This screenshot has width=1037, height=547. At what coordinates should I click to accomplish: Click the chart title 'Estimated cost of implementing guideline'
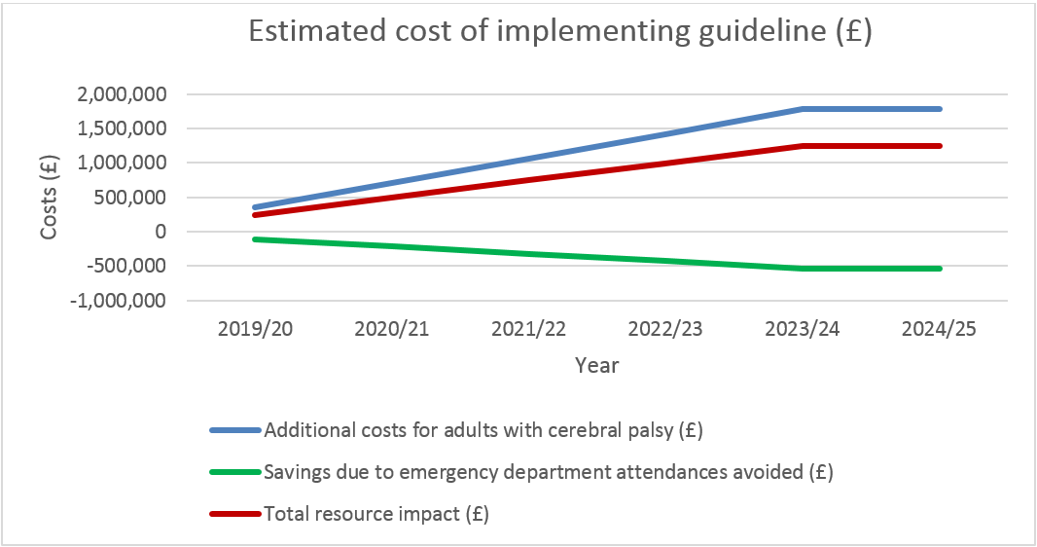559,32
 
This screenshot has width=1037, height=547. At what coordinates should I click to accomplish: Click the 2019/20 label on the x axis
255,330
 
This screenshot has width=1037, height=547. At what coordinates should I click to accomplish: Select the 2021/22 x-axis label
528,330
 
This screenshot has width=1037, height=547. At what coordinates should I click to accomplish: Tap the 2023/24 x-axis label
802,330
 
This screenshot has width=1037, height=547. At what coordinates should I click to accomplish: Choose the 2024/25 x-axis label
939,330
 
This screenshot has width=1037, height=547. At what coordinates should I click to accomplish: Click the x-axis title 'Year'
596,366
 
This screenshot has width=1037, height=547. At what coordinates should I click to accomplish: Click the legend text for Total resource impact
375,514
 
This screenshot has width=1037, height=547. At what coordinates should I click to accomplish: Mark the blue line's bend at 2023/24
802,109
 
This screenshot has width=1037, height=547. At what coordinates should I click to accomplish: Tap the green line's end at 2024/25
939,269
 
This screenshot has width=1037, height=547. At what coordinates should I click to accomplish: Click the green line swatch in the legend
234,472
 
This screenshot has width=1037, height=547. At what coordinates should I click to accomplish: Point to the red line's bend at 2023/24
802,146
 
